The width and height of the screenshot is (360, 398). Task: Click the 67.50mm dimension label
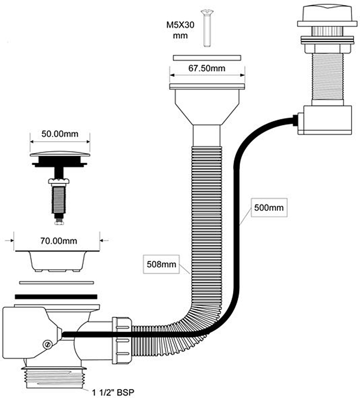(207, 69)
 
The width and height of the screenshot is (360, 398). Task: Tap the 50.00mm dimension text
(60, 134)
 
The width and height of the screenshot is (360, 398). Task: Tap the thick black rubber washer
(56, 296)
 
